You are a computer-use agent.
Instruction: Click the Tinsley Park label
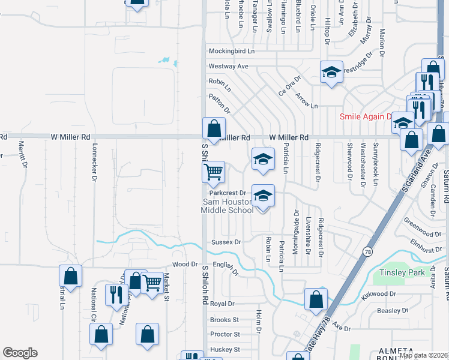click(402, 273)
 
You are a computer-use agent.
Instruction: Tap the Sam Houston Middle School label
click(228, 206)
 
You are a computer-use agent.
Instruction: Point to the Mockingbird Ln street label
click(232, 52)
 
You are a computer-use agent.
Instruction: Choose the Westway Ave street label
click(228, 66)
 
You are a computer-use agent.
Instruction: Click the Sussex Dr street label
click(226, 242)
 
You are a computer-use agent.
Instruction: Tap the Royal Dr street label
click(222, 304)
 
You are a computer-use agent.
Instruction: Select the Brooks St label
click(224, 320)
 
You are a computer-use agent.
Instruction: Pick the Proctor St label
click(225, 334)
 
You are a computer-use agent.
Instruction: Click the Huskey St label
click(224, 349)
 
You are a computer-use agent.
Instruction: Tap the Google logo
click(20, 353)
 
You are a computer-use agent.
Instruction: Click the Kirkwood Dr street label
click(379, 294)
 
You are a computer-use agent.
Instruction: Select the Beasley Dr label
click(393, 311)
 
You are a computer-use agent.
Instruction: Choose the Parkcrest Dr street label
click(228, 193)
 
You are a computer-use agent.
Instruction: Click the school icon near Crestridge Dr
click(331, 73)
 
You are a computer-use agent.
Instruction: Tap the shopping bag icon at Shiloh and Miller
click(214, 128)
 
